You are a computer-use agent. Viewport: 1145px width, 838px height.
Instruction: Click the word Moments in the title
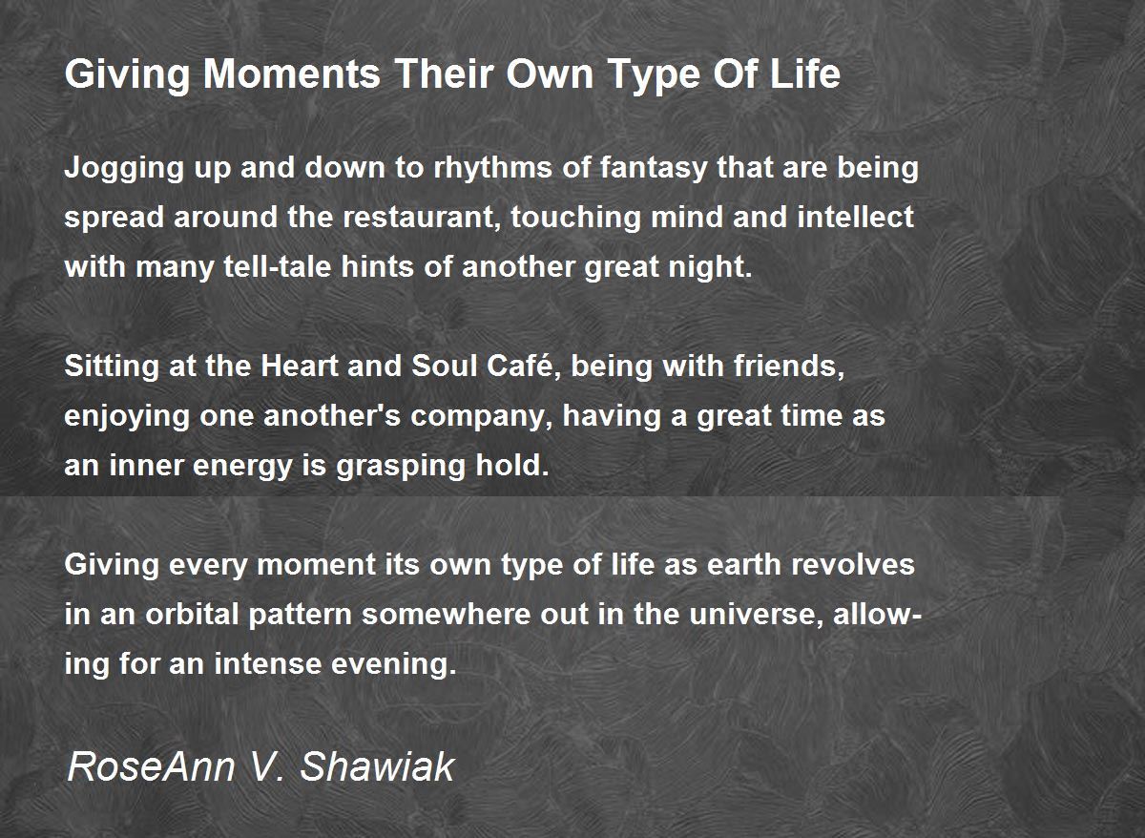click(x=292, y=74)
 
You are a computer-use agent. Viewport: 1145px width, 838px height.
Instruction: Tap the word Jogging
click(x=124, y=169)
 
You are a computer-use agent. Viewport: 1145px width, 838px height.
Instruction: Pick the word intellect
click(x=856, y=217)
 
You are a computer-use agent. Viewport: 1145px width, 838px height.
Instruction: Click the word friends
click(x=789, y=367)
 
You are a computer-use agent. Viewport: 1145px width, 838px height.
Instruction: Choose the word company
click(x=482, y=417)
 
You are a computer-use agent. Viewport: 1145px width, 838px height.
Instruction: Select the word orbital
click(x=192, y=615)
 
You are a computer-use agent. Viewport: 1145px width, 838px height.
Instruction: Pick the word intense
click(x=267, y=664)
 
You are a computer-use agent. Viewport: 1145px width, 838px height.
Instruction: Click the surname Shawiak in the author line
click(x=377, y=767)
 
